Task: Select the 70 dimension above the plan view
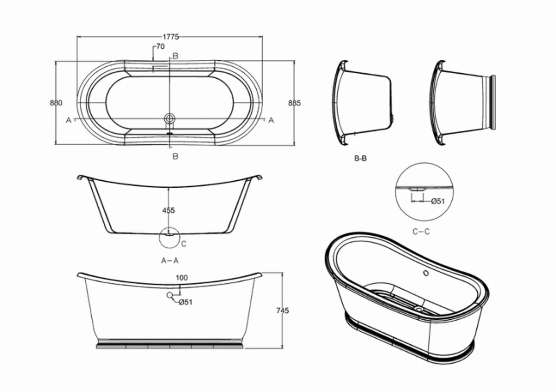[x=160, y=46]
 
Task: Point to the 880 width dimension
[x=56, y=103]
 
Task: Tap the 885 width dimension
[x=294, y=103]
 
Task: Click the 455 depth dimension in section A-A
[x=168, y=210]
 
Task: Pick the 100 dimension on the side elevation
[x=182, y=278]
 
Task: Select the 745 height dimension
[x=282, y=310]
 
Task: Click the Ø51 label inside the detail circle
[x=438, y=201]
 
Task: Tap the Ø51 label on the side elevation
[x=185, y=302]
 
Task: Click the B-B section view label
[x=360, y=158]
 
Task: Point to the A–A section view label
[x=170, y=260]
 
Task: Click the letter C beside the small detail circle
[x=183, y=244]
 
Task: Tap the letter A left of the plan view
[x=69, y=120]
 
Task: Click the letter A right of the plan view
[x=271, y=120]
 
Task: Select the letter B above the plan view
[x=175, y=56]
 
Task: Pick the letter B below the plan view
[x=175, y=156]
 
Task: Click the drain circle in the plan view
[x=170, y=118]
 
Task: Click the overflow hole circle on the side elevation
[x=170, y=294]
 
